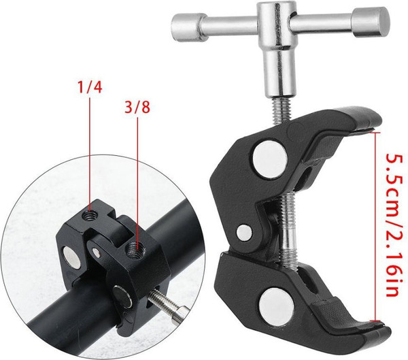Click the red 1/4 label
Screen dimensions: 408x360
(x=90, y=87)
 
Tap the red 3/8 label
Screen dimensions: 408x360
(x=137, y=107)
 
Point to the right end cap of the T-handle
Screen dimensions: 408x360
(x=371, y=22)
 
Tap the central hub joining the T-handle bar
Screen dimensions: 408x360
(x=277, y=26)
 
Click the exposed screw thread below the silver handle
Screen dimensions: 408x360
(x=283, y=110)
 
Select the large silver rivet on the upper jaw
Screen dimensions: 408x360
(x=270, y=159)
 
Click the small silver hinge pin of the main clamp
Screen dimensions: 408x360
(x=244, y=232)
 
